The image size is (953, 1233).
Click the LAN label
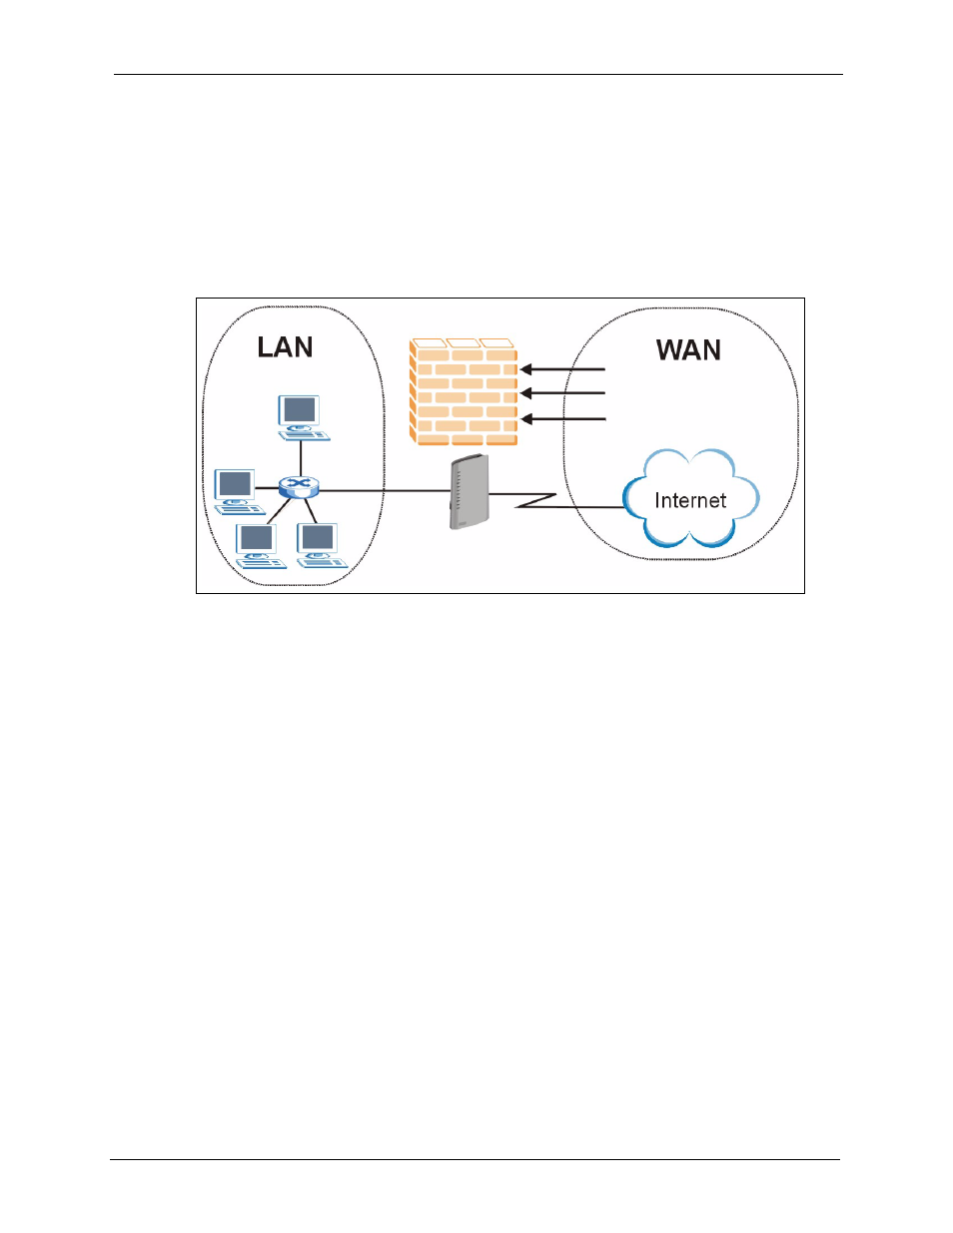285,347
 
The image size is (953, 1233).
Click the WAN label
688,349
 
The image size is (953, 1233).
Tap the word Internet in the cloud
690,500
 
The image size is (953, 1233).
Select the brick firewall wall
464,391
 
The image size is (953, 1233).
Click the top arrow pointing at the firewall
563,369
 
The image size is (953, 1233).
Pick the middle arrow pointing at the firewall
563,392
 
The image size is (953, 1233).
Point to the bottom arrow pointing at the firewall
563,419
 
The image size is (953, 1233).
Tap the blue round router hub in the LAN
299,487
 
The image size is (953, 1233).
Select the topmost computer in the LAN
303,417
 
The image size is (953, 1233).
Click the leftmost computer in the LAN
239,492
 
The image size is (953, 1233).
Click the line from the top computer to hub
301,458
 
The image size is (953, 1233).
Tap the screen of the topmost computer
299,409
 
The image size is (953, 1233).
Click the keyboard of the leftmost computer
241,509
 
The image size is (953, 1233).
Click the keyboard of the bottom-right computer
324,563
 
